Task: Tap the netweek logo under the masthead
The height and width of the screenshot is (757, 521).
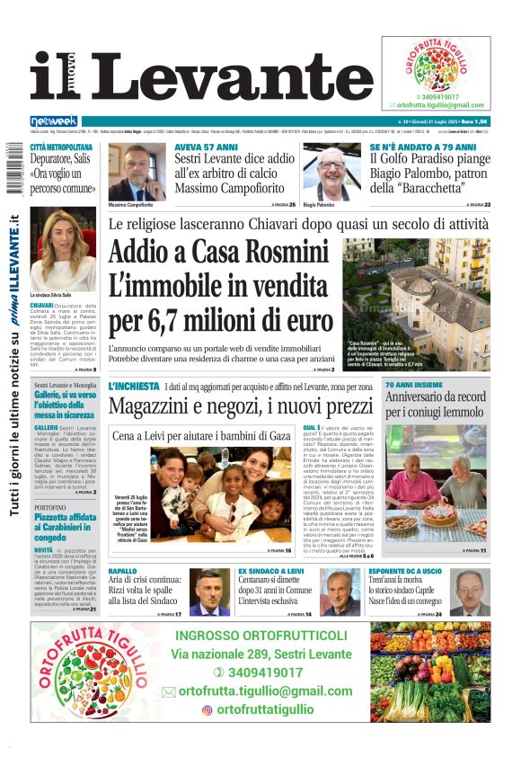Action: pos(54,121)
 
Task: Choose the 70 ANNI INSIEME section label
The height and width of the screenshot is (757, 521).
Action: pos(413,385)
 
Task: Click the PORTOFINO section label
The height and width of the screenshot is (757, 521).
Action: pos(50,507)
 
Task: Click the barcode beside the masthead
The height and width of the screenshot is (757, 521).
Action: pos(11,171)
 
